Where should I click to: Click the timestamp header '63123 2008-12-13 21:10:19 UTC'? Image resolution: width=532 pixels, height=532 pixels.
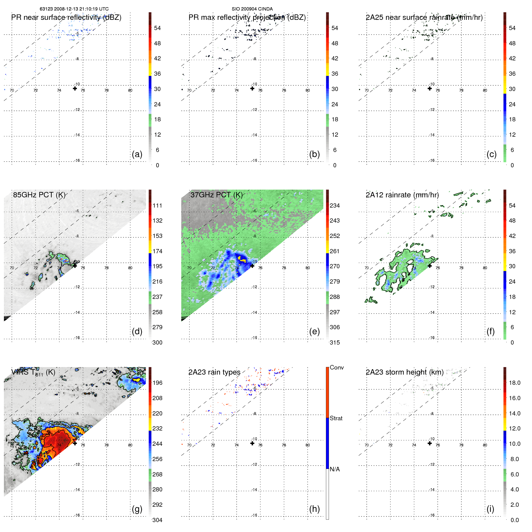click(74, 9)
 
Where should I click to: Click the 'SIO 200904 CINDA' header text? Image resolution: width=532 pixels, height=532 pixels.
click(252, 9)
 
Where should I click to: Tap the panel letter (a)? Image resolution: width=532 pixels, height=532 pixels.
click(137, 154)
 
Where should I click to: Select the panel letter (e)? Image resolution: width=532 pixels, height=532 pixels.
click(314, 331)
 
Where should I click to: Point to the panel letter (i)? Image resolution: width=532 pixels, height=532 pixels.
click(490, 509)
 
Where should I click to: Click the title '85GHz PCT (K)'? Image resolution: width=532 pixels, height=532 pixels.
click(39, 195)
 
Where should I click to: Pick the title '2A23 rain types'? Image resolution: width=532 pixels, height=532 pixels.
click(214, 372)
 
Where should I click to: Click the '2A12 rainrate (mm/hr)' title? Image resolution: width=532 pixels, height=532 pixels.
click(402, 195)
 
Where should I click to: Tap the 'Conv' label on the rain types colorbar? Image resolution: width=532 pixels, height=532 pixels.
click(337, 367)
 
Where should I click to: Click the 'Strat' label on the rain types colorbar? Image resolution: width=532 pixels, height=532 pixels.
click(336, 418)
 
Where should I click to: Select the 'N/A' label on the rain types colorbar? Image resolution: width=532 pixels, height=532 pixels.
click(335, 469)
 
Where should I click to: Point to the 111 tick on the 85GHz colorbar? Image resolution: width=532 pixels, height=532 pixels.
click(157, 205)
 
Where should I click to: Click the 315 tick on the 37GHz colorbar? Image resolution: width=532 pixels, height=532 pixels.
click(335, 342)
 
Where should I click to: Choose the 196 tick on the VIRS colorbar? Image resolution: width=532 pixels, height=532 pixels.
click(157, 383)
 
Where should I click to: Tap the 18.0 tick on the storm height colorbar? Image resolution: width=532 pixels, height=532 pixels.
click(515, 383)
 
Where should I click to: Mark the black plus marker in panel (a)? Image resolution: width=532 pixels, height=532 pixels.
click(75, 88)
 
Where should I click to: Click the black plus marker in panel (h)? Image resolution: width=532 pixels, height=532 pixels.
click(252, 443)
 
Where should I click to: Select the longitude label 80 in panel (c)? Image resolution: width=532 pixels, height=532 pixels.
click(485, 90)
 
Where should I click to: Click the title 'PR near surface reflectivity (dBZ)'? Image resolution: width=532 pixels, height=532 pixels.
click(66, 17)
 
